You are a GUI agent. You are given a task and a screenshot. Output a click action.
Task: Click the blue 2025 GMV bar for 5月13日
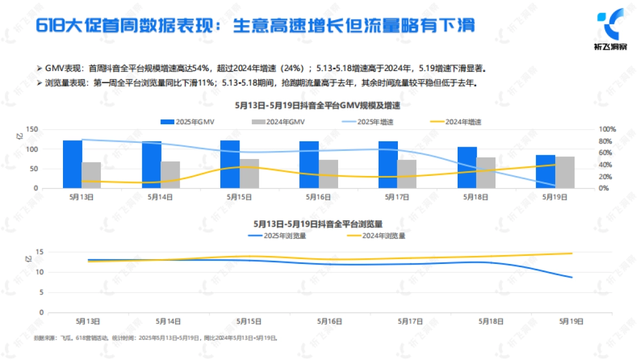[x=73, y=164]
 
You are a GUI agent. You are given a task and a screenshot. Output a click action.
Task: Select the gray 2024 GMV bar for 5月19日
[x=565, y=172]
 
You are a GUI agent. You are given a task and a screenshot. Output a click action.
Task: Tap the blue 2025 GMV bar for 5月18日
[x=467, y=167]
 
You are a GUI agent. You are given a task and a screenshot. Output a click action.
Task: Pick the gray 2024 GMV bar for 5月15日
[x=249, y=173]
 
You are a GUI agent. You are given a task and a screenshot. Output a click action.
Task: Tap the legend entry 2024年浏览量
[x=376, y=236]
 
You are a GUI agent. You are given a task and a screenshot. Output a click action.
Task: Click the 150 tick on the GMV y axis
[x=33, y=130]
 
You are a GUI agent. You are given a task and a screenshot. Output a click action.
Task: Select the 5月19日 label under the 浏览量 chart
[x=571, y=322]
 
